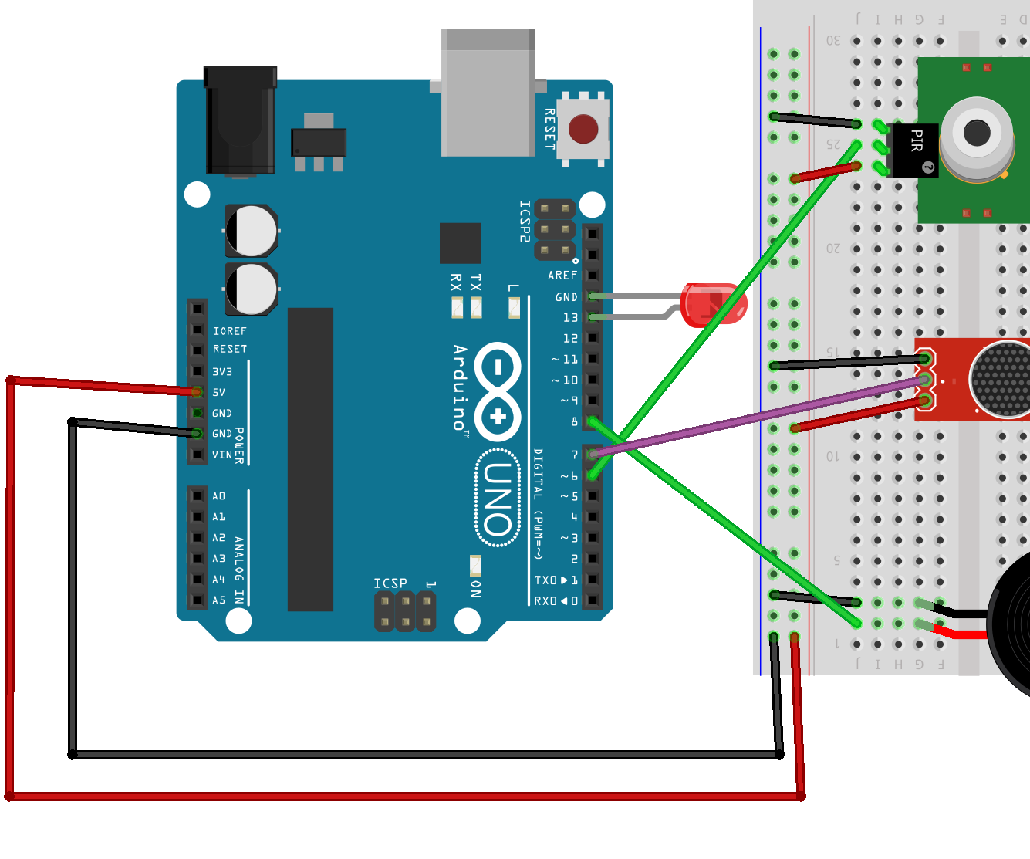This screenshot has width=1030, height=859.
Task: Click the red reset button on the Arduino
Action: coord(583,129)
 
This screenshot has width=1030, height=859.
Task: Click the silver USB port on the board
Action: coord(488,93)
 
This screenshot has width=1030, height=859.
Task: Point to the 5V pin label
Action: coord(219,392)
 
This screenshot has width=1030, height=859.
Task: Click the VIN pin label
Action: coord(222,455)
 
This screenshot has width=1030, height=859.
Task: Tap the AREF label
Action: coord(562,276)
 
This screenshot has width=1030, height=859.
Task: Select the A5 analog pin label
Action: coord(219,600)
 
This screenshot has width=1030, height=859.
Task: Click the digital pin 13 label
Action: coord(570,317)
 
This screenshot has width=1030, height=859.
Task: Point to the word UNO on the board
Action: coord(498,499)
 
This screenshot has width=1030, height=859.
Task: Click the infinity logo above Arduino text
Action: coord(498,392)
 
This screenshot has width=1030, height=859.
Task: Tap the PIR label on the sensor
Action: coord(916,140)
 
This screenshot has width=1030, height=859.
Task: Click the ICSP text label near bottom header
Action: coord(390,583)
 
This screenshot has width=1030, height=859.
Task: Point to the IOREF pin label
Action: coord(230,331)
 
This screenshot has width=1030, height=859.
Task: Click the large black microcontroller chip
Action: coord(310,459)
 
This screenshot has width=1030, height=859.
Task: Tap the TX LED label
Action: coord(476,282)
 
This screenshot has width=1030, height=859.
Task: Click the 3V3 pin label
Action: coord(222,371)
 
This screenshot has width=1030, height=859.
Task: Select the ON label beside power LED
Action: coord(476,589)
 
